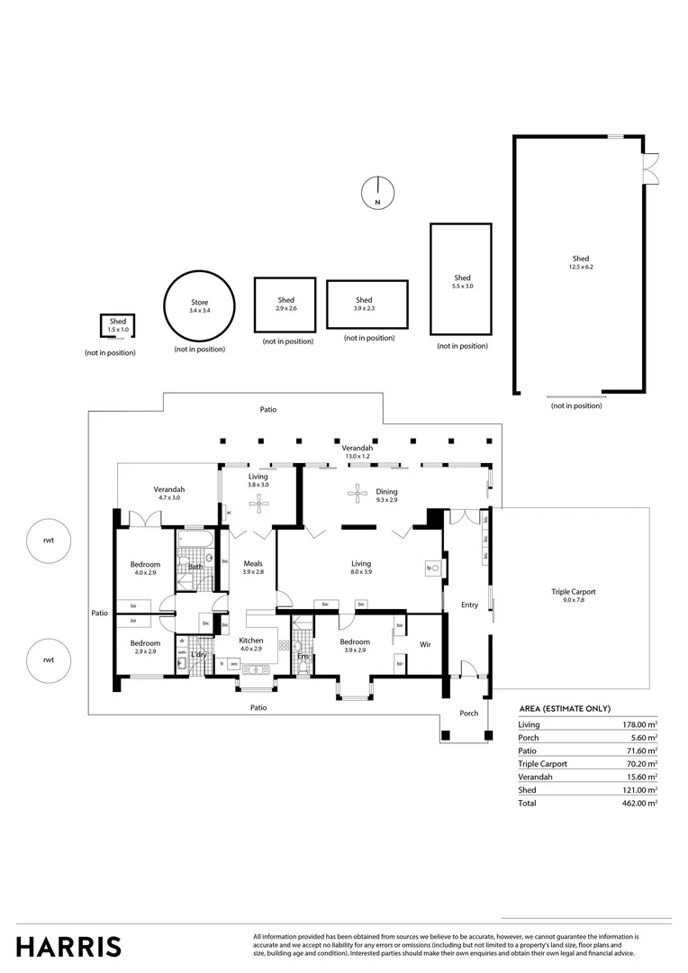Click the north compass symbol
pyautogui.click(x=377, y=193)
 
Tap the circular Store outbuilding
pyautogui.click(x=199, y=305)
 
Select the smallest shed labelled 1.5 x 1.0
pyautogui.click(x=118, y=325)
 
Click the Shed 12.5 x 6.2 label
pyautogui.click(x=580, y=263)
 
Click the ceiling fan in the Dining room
pyautogui.click(x=358, y=492)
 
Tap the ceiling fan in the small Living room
pyautogui.click(x=259, y=503)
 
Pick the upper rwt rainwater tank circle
pyautogui.click(x=49, y=541)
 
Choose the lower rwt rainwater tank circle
pyautogui.click(x=49, y=659)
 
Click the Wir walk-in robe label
pyautogui.click(x=426, y=644)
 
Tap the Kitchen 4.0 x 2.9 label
pyautogui.click(x=251, y=644)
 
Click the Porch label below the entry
pyautogui.click(x=468, y=714)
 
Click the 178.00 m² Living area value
pyautogui.click(x=639, y=724)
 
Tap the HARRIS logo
pyautogui.click(x=68, y=946)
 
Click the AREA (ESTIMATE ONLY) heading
pyautogui.click(x=571, y=709)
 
